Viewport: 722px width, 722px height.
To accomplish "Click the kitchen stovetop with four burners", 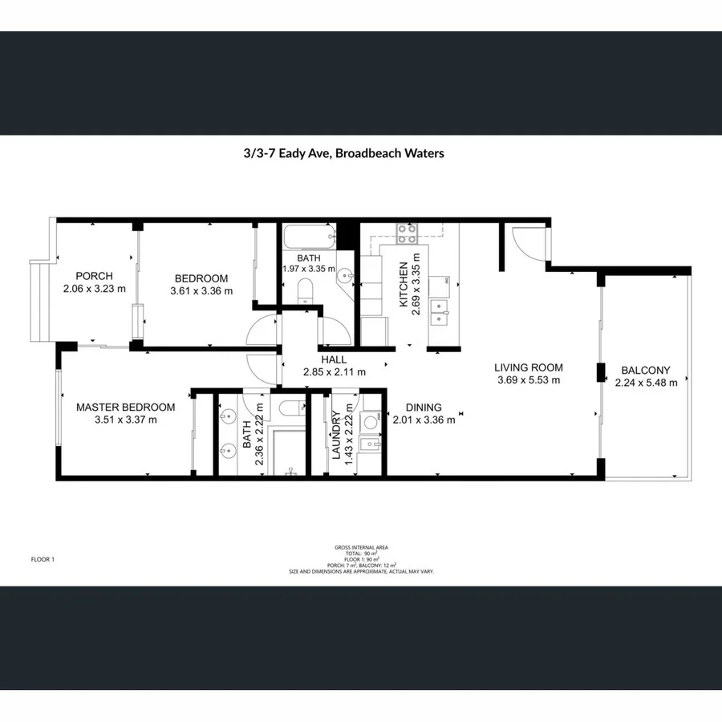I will pos(408,233).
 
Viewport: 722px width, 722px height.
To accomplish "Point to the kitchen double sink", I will pos(438,311).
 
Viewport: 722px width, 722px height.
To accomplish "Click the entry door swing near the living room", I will pos(526,244).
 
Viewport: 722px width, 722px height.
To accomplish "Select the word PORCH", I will pos(94,276).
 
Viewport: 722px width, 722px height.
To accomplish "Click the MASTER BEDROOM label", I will pos(125,407).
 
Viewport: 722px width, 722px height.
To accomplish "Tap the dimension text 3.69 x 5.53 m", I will pos(528,380).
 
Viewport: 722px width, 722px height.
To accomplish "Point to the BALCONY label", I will pos(646,371).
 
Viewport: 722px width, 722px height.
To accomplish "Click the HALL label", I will pos(334,359).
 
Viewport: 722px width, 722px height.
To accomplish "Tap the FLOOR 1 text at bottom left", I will pos(42,559).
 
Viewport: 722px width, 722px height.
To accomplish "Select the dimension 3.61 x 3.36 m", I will pos(201,291).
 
